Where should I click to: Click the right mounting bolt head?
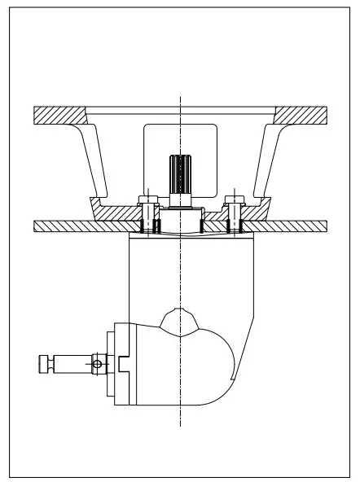pos(235,199)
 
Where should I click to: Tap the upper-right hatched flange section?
pos(303,115)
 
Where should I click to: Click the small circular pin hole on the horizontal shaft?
pos(97,362)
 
